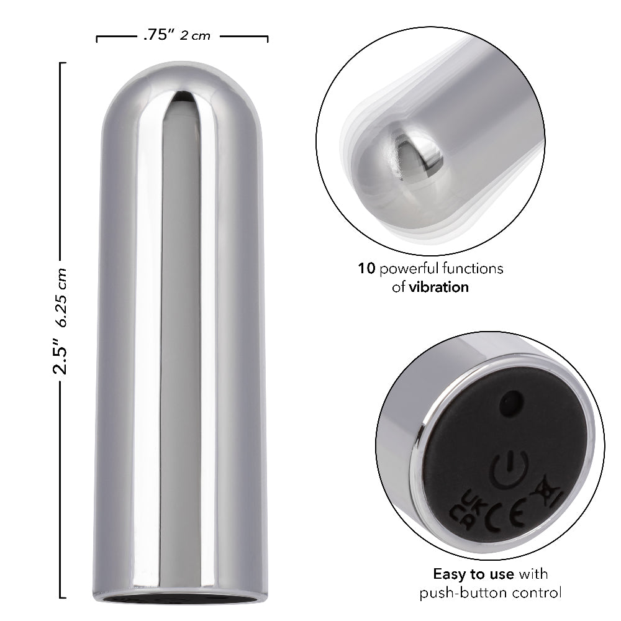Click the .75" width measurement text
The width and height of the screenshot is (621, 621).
[158, 35]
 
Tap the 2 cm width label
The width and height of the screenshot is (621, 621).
[195, 36]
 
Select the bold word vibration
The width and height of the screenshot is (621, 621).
[438, 287]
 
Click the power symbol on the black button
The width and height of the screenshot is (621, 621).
[509, 469]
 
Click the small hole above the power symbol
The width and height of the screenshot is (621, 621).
[510, 402]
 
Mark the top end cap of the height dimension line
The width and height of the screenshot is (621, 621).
[60, 63]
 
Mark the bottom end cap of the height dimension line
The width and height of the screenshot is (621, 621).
[60, 597]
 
